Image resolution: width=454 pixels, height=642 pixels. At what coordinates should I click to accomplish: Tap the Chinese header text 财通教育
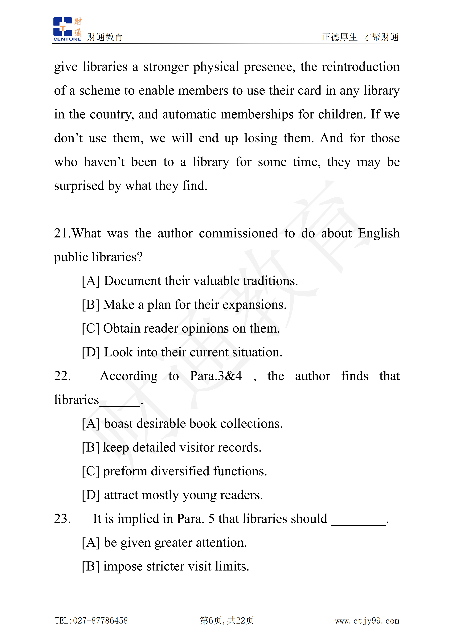click(105, 37)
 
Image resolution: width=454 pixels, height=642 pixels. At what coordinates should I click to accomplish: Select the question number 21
click(62, 233)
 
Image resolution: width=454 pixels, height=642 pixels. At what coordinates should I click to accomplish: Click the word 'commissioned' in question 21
click(238, 233)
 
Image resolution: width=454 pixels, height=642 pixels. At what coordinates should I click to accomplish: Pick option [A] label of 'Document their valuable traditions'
click(91, 281)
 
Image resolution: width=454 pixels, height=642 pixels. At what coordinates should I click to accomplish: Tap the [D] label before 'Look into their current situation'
click(91, 352)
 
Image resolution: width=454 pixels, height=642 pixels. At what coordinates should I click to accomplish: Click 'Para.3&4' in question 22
click(216, 376)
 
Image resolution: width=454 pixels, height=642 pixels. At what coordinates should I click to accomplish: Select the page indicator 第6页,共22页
click(227, 620)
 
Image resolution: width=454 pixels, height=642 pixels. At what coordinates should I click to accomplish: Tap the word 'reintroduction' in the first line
click(361, 67)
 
